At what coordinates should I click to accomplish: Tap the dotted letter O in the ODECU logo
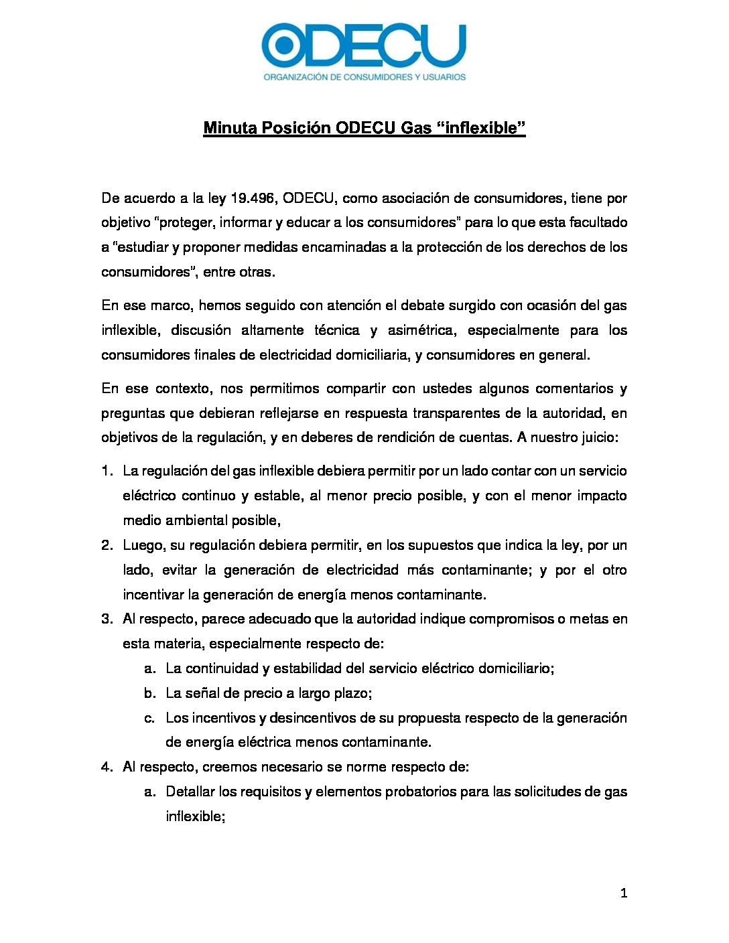(285, 46)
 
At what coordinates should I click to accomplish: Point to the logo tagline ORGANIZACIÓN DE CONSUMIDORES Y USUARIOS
(364, 77)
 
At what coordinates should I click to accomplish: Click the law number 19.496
(253, 198)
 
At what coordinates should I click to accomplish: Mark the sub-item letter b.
(149, 693)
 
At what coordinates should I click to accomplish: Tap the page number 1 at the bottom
(624, 893)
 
